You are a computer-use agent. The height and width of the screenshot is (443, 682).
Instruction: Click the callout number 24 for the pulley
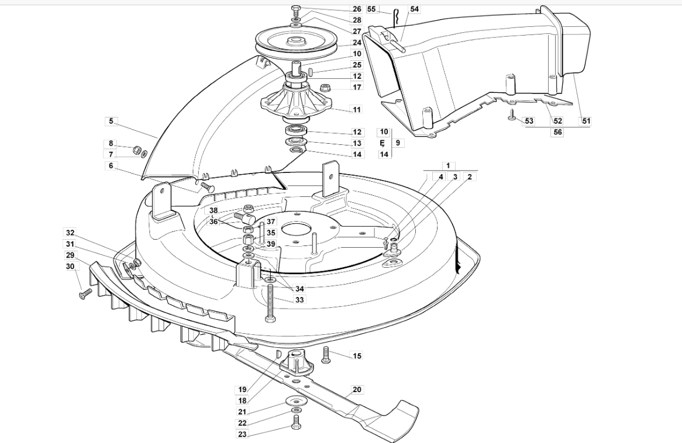click(357, 43)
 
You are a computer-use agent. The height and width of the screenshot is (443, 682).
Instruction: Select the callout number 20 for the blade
click(357, 390)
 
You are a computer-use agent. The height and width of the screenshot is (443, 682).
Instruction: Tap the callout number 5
click(111, 121)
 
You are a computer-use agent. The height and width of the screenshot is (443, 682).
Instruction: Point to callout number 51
click(586, 121)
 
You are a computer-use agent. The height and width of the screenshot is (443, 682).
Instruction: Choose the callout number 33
click(299, 300)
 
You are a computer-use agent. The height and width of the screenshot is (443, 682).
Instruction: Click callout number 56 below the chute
click(557, 132)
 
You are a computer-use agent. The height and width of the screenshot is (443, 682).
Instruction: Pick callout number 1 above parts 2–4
click(448, 165)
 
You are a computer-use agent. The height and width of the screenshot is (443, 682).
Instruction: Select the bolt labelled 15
click(325, 355)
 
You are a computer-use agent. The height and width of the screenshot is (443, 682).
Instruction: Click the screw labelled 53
click(512, 115)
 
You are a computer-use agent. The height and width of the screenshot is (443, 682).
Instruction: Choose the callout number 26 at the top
click(357, 9)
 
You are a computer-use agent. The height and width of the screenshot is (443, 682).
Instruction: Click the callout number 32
click(70, 233)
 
